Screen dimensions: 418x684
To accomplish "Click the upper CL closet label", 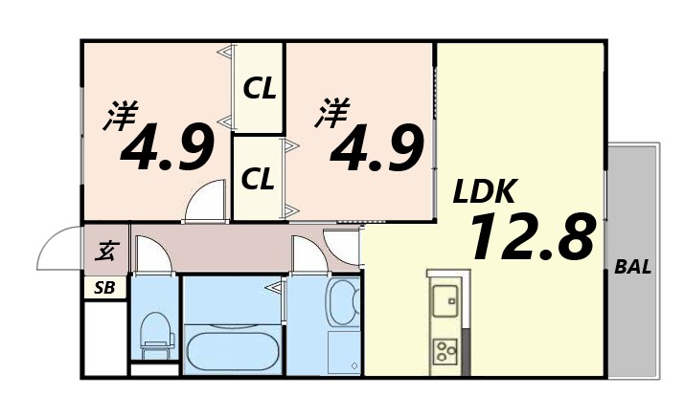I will pos(260,90).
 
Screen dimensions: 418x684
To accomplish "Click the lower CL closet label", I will pos(260,177).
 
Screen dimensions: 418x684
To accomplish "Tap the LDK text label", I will pos(485,192).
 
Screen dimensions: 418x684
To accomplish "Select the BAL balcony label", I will pos(632,268).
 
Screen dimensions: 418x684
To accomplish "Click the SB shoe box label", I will pos(103,288).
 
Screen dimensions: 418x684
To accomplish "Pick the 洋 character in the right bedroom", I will pos(332,113).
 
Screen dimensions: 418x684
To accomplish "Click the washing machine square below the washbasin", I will pos(342,351).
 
